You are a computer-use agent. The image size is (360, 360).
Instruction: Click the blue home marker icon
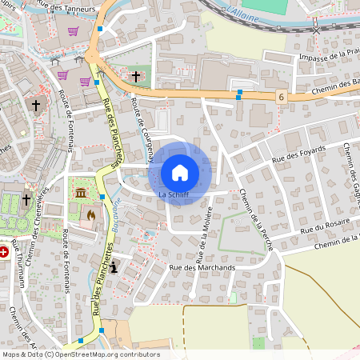tap(180, 172)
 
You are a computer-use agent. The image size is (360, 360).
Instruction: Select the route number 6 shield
tap(282, 96)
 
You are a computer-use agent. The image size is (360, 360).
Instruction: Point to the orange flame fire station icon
tap(90, 214)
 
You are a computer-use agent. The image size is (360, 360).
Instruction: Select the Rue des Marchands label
tap(202, 267)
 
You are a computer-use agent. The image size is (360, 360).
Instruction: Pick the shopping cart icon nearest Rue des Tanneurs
tap(73, 31)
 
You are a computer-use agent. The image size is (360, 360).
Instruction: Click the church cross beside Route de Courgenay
tap(136, 76)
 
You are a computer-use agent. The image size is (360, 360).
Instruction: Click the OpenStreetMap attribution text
tap(80, 354)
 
